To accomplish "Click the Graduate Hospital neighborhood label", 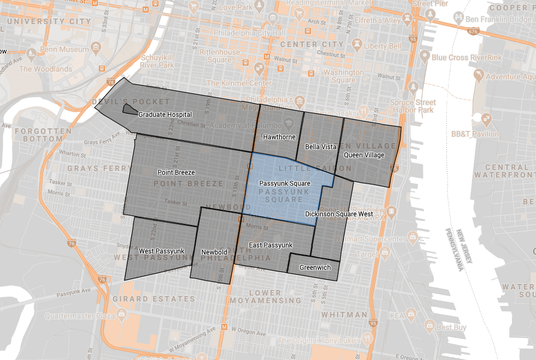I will (165, 115).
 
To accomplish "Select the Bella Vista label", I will (321, 147).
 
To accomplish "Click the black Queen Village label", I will (364, 155).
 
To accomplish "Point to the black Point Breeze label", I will (176, 173).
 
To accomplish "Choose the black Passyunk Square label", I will (285, 184).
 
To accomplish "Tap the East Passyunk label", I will (271, 245).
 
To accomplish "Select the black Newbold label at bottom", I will (214, 252).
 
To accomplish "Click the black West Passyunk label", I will (162, 251).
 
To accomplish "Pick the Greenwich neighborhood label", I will (315, 268).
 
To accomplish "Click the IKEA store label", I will (397, 315).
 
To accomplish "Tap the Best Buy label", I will (451, 327).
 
